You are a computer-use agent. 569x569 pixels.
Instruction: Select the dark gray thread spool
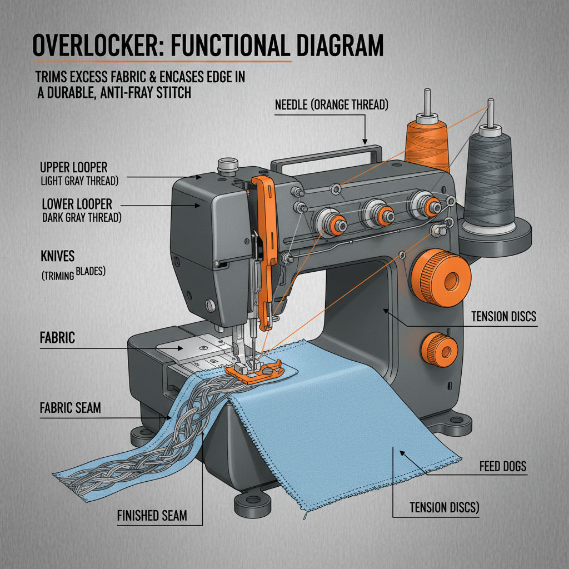(490, 178)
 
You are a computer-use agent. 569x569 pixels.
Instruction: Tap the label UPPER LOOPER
(74, 167)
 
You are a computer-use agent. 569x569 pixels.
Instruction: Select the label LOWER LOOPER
(77, 203)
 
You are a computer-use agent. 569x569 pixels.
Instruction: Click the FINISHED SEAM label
(152, 516)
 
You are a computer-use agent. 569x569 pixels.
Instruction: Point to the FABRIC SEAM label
(71, 408)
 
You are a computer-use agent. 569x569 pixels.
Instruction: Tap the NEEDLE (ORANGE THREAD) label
(331, 104)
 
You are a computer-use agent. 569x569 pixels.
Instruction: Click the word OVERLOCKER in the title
(102, 46)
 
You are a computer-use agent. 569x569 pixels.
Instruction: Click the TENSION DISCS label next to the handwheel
(503, 317)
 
